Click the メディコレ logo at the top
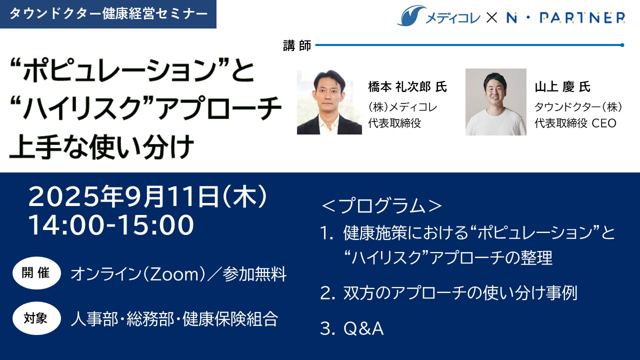coord(439,16)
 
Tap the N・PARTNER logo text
coord(565,17)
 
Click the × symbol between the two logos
coord(491,17)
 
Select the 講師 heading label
coord(297,45)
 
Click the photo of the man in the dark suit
coord(329,101)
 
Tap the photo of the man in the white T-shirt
coord(495,101)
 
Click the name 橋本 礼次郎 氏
coord(407,87)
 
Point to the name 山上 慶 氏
coord(562,87)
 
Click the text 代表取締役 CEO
coord(575,123)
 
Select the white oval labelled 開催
coord(36,273)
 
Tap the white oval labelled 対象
coord(36,318)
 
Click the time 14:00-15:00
coord(111,225)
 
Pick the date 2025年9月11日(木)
coord(148,196)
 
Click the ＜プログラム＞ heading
coord(381,205)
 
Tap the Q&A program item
coord(363,328)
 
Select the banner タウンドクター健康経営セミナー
coord(108,14)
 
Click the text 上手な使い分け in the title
coord(101,147)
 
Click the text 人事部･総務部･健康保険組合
coord(174,318)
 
